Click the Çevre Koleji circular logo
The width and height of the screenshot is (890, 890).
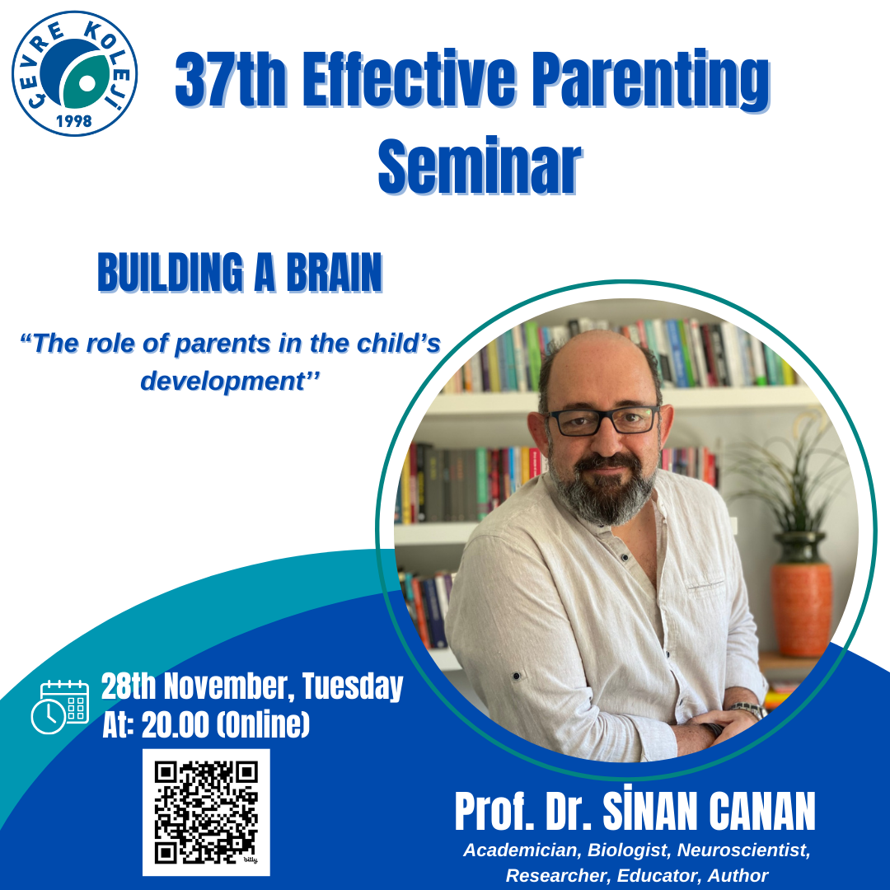click(74, 74)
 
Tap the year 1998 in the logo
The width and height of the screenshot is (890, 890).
click(74, 121)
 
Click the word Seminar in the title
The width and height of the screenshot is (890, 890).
click(480, 166)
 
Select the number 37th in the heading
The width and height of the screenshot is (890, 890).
click(231, 79)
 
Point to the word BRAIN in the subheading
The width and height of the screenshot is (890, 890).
click(335, 272)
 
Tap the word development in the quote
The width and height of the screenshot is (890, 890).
click(222, 381)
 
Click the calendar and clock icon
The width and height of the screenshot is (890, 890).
click(59, 706)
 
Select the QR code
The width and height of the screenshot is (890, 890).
click(206, 813)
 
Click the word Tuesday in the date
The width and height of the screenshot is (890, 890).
click(353, 686)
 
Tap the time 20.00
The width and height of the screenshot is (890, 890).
click(175, 725)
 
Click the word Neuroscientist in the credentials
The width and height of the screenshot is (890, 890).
click(743, 850)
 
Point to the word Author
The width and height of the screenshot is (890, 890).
click(738, 875)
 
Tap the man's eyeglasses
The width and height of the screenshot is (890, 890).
click(602, 420)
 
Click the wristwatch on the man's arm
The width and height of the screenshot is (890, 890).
click(747, 710)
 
